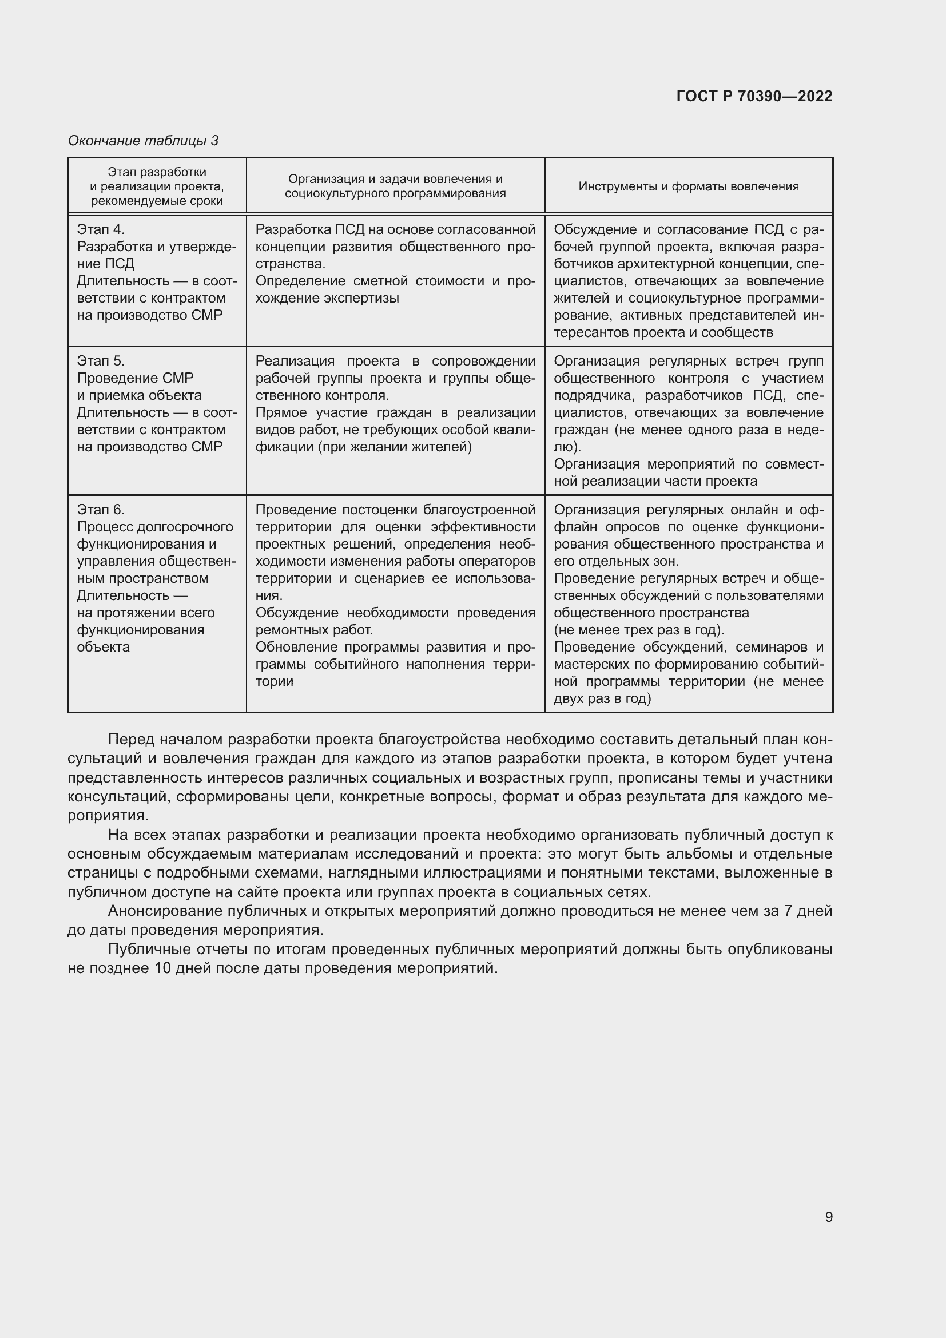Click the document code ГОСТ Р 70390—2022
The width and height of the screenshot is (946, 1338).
(x=754, y=96)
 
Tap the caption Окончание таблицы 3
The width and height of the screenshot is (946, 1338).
(x=144, y=141)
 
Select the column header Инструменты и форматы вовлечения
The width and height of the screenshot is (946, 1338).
(x=689, y=186)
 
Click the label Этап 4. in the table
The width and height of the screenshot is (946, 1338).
(x=101, y=229)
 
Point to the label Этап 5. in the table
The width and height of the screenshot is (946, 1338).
(x=101, y=361)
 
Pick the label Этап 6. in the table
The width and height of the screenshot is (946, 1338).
(x=101, y=510)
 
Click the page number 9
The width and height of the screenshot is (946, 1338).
(x=829, y=1217)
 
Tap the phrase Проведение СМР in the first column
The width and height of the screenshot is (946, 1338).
(x=135, y=378)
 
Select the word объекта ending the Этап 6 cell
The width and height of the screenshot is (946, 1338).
(x=103, y=647)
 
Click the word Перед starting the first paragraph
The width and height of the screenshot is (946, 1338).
(x=129, y=740)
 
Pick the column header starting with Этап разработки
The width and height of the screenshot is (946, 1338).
(x=157, y=186)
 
